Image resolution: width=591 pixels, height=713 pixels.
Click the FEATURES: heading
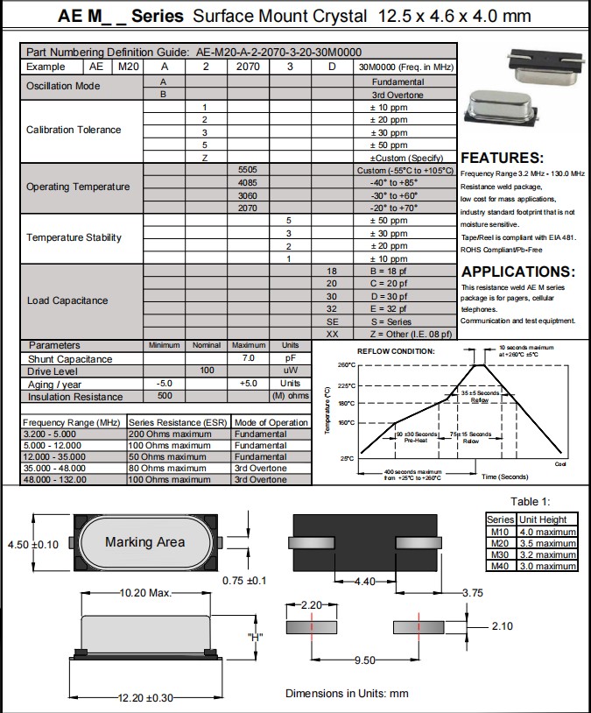[x=502, y=159]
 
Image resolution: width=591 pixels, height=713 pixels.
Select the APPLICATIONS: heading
[x=517, y=272]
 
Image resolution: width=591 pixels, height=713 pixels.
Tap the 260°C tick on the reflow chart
[x=345, y=364]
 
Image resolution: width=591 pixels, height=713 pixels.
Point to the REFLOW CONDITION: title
[x=395, y=351]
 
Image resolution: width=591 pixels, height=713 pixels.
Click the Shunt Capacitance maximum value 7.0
[x=249, y=359]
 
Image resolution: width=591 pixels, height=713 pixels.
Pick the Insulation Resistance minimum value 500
[x=164, y=396]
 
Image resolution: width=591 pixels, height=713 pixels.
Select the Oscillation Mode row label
[x=63, y=87]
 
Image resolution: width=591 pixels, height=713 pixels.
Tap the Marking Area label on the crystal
[x=144, y=542]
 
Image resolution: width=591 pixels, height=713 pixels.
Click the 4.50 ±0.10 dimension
[x=32, y=545]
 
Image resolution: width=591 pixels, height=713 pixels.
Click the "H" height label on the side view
[x=256, y=637]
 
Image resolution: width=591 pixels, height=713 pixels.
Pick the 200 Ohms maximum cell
[x=179, y=434]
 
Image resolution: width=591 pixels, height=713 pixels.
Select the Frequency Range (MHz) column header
[x=72, y=422]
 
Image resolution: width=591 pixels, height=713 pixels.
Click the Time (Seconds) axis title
[x=504, y=477]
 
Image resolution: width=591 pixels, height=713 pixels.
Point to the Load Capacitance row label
[x=67, y=300]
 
